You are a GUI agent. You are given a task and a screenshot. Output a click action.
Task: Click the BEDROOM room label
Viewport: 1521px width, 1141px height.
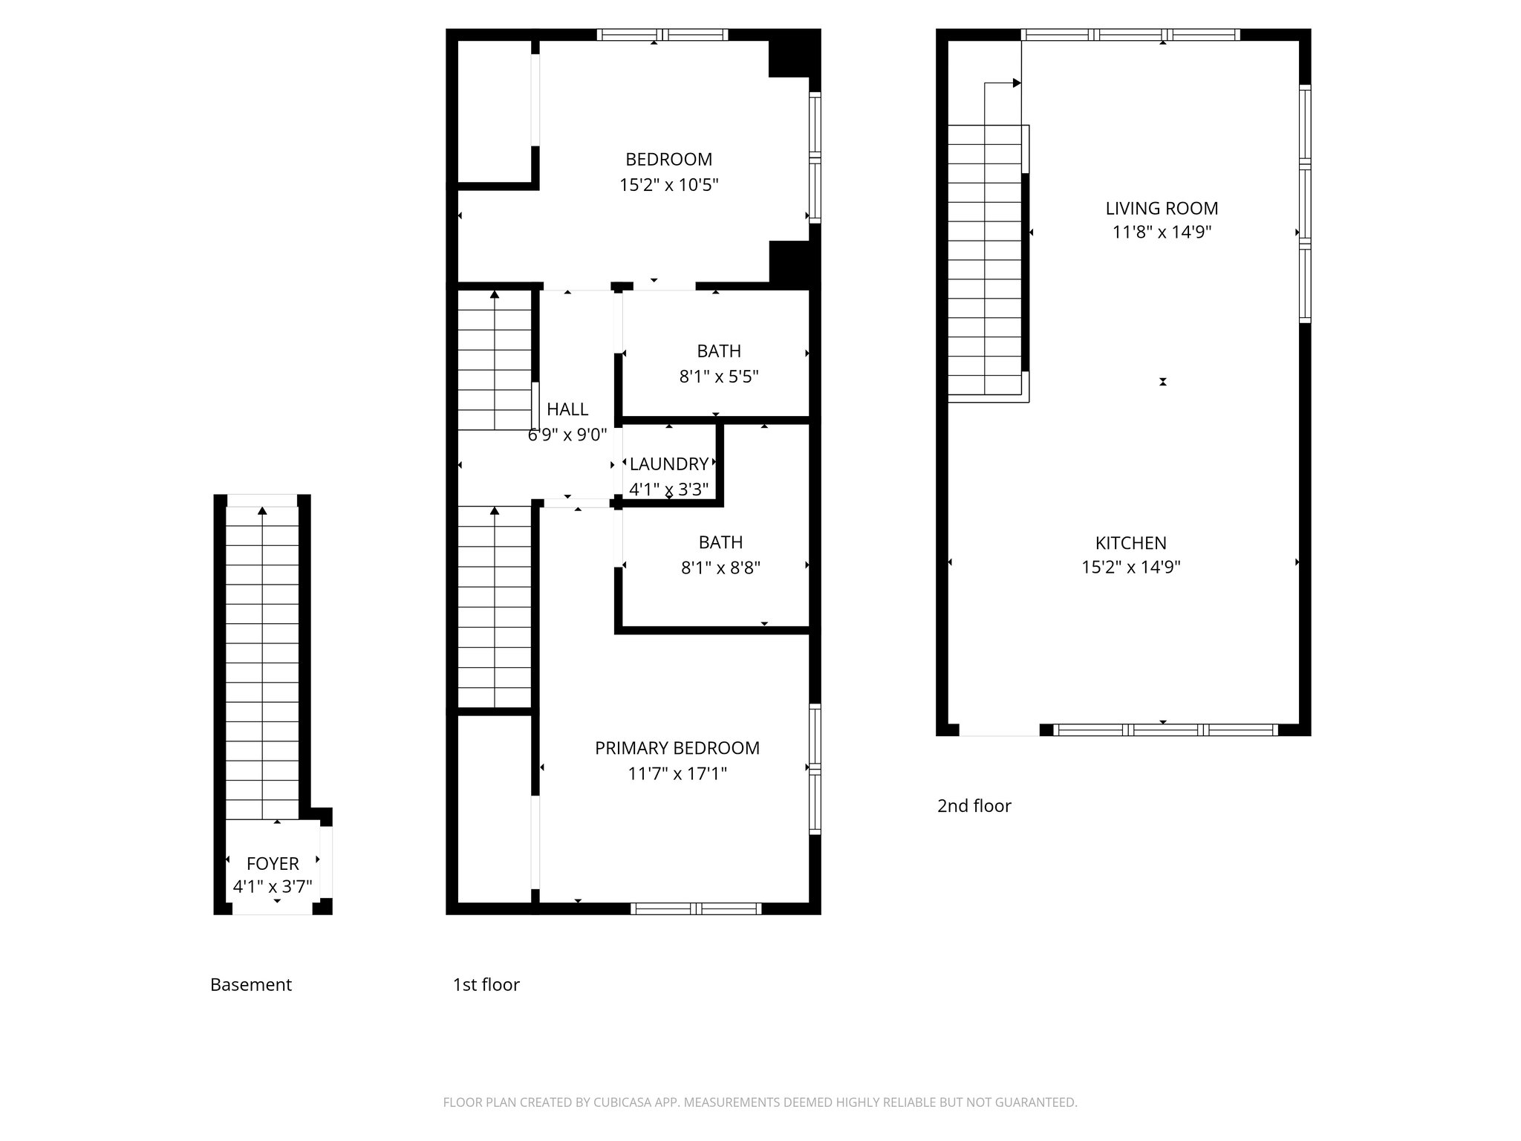click(668, 159)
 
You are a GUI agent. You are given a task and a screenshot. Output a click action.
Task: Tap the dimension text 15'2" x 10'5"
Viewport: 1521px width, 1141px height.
click(668, 185)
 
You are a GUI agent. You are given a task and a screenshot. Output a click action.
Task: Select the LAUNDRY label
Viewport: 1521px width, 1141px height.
click(668, 464)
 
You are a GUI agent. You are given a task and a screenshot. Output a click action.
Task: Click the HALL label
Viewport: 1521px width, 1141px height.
click(567, 409)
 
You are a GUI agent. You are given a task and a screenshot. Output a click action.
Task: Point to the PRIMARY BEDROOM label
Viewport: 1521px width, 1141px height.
click(677, 748)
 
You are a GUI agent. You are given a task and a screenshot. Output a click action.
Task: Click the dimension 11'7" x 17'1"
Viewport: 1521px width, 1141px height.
click(677, 774)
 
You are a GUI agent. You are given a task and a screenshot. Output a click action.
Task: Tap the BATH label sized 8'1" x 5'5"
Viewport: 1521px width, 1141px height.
click(718, 351)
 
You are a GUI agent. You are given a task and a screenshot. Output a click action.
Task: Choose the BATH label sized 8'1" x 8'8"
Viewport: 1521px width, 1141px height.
click(720, 542)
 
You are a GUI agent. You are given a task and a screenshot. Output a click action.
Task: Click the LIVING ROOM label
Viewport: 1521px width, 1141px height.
click(1162, 209)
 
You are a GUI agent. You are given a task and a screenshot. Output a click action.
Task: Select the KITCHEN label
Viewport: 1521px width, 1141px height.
click(1130, 543)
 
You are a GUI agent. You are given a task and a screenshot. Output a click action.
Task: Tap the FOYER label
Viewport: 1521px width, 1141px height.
click(273, 863)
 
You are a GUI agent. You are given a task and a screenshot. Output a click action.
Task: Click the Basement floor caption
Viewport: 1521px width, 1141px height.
click(251, 985)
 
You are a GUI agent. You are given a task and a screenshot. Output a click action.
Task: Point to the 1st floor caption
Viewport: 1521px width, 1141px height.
click(486, 985)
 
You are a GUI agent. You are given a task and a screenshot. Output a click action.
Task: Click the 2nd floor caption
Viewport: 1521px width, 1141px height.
click(974, 806)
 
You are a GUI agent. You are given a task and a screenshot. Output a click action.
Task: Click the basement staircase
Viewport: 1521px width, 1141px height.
click(262, 661)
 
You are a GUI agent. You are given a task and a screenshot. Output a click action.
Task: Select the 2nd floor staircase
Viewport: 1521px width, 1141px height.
click(985, 260)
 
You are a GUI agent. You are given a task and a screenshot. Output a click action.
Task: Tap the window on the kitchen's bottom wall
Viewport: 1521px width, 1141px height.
click(1166, 730)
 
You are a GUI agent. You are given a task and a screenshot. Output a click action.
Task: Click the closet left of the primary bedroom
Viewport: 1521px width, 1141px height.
click(494, 810)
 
